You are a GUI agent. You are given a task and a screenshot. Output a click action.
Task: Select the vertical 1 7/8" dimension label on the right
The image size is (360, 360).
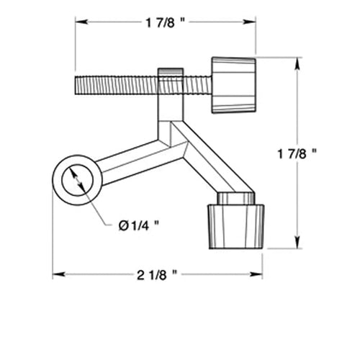click(x=316, y=153)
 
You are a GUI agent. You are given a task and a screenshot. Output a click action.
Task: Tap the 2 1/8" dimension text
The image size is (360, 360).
click(x=156, y=274)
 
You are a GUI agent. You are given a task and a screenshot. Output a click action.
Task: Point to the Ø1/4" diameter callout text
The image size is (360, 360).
click(x=138, y=224)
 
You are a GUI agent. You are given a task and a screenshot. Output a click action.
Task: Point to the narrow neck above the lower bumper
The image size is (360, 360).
click(x=235, y=198)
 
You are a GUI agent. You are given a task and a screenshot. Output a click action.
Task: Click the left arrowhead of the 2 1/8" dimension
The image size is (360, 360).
click(x=57, y=274)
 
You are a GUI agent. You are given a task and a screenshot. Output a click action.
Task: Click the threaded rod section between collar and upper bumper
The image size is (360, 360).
click(x=196, y=85)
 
